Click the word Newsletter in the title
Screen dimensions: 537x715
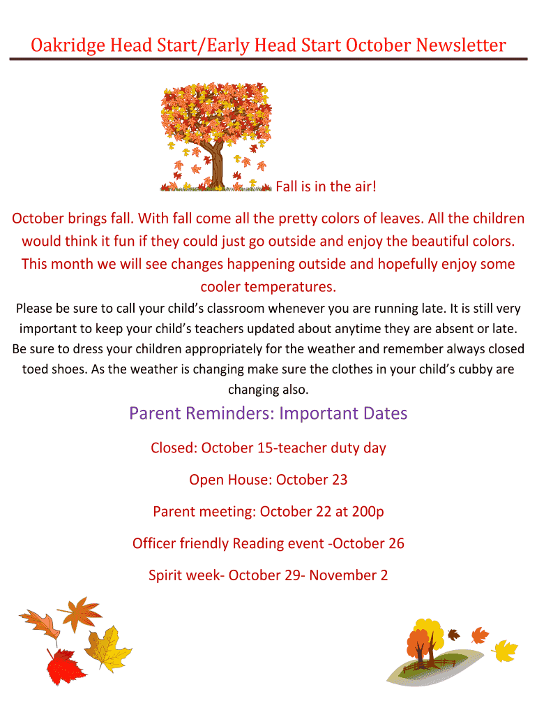(460, 45)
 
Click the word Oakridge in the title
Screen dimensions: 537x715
(68, 46)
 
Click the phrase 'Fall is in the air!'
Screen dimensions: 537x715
(326, 186)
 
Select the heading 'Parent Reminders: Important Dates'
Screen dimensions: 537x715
(268, 413)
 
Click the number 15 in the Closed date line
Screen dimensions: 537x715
(264, 448)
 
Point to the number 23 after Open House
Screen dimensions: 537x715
(340, 480)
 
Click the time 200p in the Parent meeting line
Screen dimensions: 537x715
(368, 512)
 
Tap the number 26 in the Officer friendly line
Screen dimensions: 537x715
(396, 543)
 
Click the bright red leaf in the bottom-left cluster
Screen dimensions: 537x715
(65, 666)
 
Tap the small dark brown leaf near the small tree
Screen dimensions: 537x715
(453, 634)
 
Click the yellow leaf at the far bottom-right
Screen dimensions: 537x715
(506, 651)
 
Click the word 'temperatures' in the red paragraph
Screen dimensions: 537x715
(289, 287)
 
